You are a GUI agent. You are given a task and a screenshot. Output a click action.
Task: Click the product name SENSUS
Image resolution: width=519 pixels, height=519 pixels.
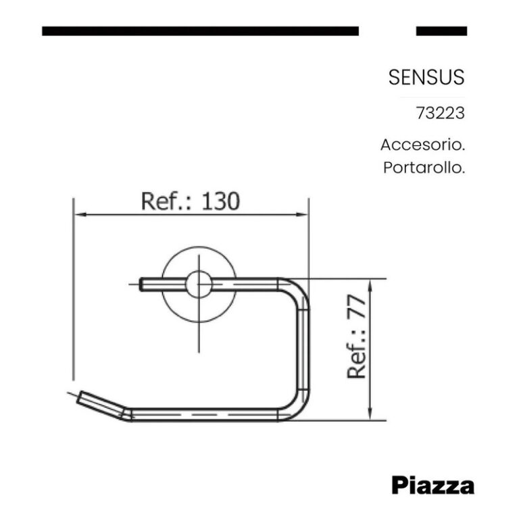(426, 77)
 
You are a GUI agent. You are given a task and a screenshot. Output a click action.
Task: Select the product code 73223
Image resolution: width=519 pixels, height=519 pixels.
(440, 113)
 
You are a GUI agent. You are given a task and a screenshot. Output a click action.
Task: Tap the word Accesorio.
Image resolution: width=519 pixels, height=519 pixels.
(422, 145)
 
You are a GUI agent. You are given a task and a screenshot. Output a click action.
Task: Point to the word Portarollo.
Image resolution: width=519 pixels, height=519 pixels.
(424, 168)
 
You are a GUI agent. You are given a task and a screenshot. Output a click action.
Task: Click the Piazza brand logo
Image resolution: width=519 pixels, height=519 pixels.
(432, 485)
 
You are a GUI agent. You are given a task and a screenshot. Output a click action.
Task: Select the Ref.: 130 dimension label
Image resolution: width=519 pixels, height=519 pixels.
(190, 201)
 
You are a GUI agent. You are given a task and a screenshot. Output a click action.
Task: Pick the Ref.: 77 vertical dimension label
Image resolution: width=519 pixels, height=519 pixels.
(356, 337)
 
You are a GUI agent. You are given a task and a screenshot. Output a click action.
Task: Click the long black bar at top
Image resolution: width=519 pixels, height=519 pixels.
(200, 31)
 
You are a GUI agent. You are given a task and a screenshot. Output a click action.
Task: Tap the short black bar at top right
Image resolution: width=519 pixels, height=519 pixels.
(441, 31)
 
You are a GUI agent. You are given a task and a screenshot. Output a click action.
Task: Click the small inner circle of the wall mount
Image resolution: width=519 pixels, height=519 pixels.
(199, 285)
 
